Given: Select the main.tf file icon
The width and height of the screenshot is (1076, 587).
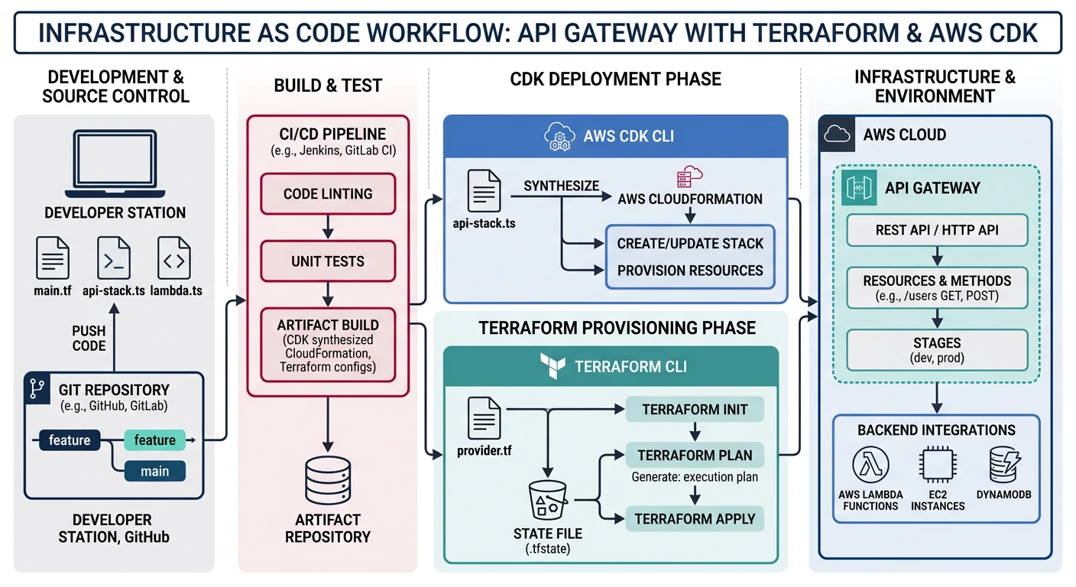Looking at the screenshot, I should tap(53, 258).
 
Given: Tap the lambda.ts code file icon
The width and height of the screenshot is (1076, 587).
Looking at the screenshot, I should tap(174, 258).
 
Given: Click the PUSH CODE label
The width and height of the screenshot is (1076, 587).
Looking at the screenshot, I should tap(89, 338).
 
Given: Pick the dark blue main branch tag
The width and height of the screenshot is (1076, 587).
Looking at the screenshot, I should tap(154, 471).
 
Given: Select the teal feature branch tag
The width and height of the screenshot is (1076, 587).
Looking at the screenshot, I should tap(154, 439).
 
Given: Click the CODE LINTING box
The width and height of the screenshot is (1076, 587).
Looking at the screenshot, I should tap(328, 194).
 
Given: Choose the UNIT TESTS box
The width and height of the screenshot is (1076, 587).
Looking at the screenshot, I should tap(328, 261).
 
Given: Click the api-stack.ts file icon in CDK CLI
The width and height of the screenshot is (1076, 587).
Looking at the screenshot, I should tap(484, 191).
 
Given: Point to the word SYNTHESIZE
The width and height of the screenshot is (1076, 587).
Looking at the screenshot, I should tap(562, 186).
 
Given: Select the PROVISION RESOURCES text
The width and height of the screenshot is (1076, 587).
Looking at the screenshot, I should tap(690, 271).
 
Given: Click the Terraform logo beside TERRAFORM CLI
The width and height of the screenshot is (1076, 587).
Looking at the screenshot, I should tap(552, 365).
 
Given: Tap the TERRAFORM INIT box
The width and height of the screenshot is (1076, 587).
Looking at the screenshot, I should tap(695, 410).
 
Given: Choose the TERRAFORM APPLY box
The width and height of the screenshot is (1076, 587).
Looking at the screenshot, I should tap(695, 519).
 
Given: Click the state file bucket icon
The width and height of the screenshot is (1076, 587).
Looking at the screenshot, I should tap(548, 502).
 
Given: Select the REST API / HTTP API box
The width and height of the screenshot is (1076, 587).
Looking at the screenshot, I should tap(937, 230).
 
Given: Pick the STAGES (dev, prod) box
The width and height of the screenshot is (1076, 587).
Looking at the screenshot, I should tap(937, 349).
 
